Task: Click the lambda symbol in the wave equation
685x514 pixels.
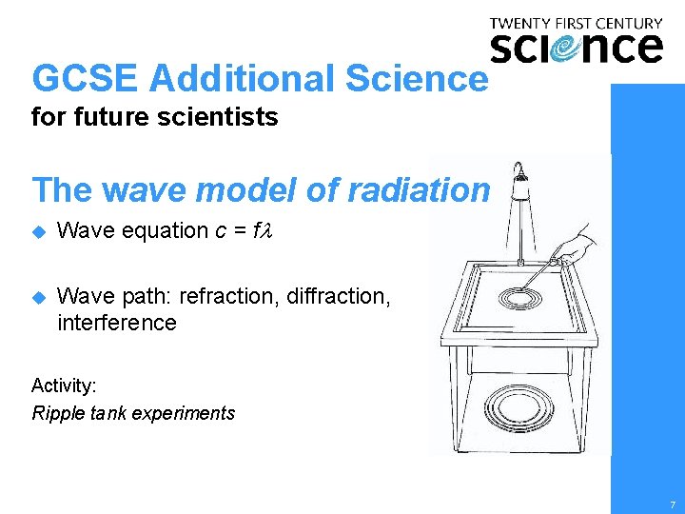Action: [x=267, y=230]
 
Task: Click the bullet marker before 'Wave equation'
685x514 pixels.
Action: [x=38, y=230]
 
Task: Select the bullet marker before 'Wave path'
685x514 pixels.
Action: [x=38, y=296]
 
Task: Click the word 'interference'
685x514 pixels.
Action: [x=117, y=323]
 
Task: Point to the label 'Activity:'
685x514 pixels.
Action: [x=63, y=385]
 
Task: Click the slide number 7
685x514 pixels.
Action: [x=672, y=504]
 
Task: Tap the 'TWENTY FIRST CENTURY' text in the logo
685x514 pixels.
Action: [x=576, y=23]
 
